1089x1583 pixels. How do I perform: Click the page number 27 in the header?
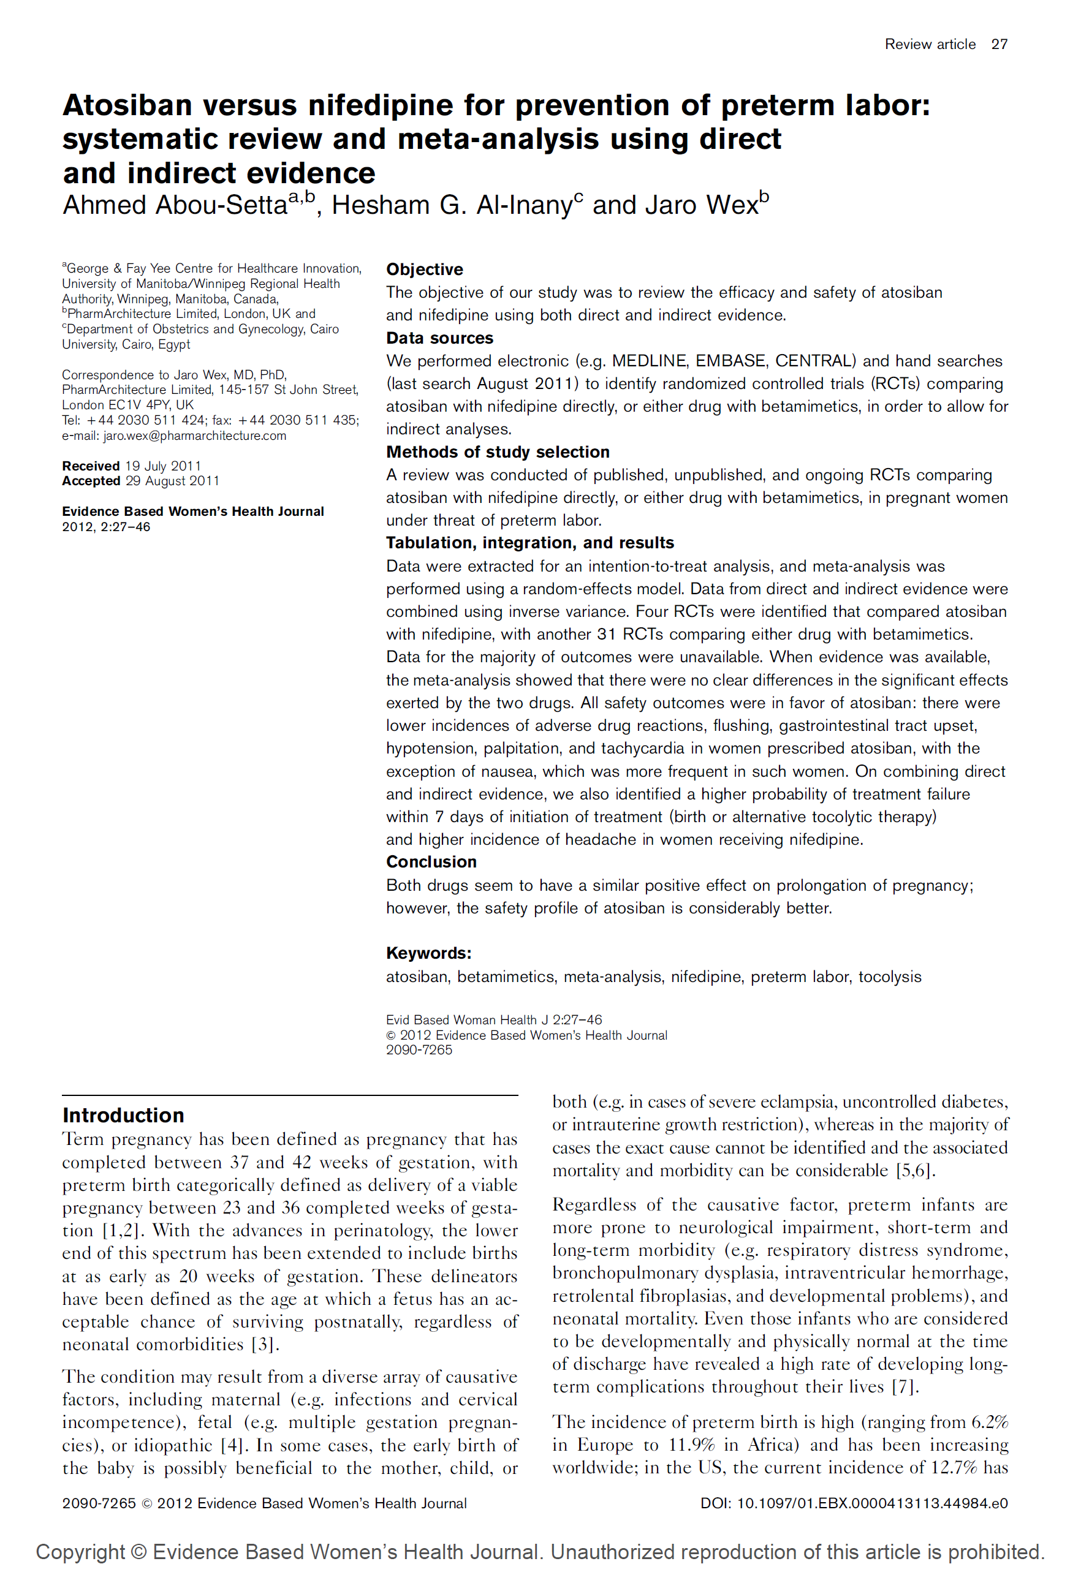pyautogui.click(x=999, y=44)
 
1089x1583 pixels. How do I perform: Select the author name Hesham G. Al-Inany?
pyautogui.click(x=452, y=205)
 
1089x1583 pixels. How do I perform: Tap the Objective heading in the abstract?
pyautogui.click(x=425, y=270)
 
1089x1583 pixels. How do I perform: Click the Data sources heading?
pyautogui.click(x=439, y=338)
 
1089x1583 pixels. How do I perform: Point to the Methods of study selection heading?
pyautogui.click(x=498, y=452)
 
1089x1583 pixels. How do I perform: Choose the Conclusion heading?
pyautogui.click(x=431, y=862)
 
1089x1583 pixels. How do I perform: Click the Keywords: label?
pyautogui.click(x=428, y=953)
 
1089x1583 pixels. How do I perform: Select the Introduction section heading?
pyautogui.click(x=123, y=1115)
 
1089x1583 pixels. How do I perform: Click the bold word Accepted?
pyautogui.click(x=91, y=481)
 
